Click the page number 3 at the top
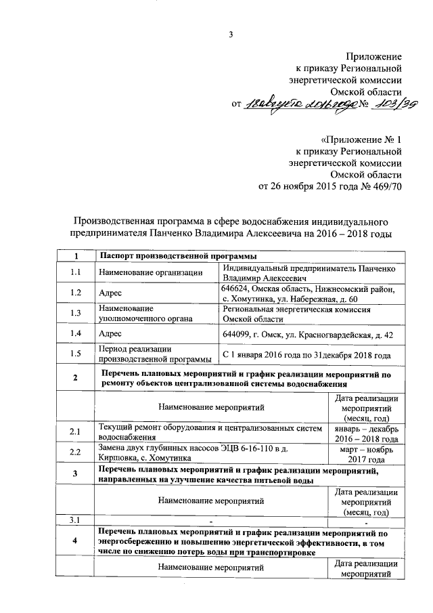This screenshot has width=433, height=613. point(230,35)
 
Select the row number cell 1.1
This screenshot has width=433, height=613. point(76,272)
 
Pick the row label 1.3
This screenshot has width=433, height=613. point(76,312)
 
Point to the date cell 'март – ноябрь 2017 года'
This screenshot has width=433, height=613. point(365,453)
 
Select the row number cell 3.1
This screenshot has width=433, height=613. point(76,520)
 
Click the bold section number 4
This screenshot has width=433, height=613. point(76,540)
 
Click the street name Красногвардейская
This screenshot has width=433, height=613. point(321,335)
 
